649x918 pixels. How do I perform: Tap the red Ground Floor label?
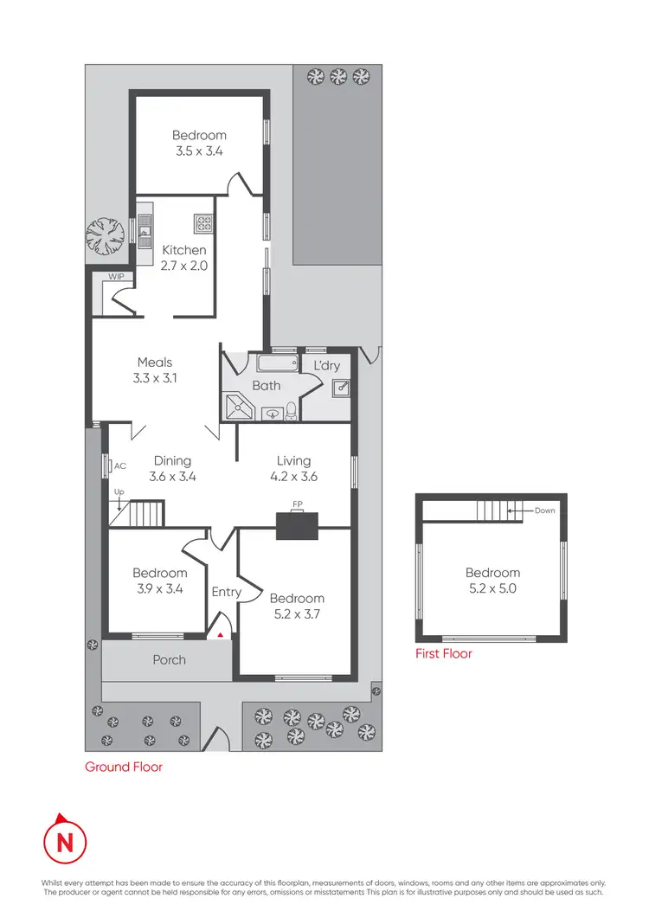click(x=123, y=767)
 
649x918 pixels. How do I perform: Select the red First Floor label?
click(x=444, y=654)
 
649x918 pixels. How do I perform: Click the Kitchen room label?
click(x=184, y=250)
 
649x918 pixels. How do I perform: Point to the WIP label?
click(x=116, y=277)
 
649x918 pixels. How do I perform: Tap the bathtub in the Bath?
click(x=278, y=363)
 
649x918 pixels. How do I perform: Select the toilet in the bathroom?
click(x=292, y=410)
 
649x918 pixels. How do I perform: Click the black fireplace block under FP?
click(x=297, y=526)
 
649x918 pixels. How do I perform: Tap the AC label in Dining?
click(x=120, y=465)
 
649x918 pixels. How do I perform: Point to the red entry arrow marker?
click(x=221, y=635)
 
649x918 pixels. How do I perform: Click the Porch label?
click(x=169, y=659)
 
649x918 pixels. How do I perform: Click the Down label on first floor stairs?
click(x=544, y=510)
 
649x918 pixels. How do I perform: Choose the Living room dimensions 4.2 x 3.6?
click(x=293, y=477)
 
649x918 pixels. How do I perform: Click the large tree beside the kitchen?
click(x=106, y=234)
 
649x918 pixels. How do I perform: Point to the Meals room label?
click(x=155, y=363)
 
